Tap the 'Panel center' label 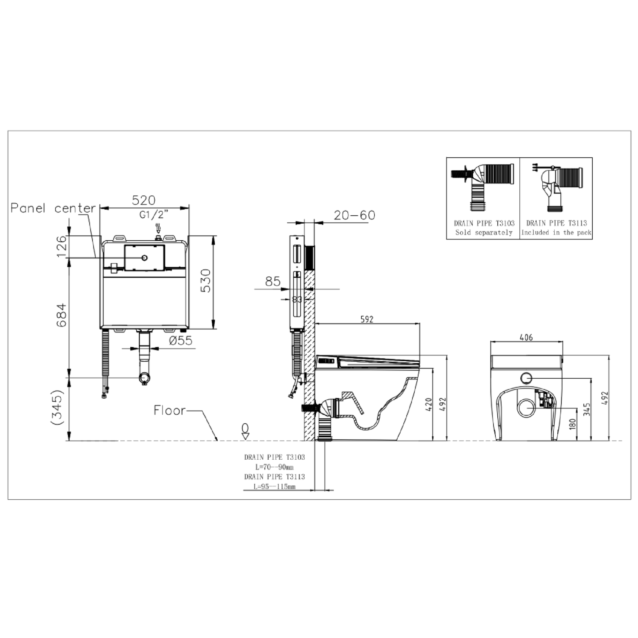click(x=53, y=209)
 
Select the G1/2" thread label click(x=153, y=215)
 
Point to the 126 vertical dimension click(x=62, y=247)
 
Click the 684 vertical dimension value click(x=62, y=315)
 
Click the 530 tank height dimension click(x=206, y=281)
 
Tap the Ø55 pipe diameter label click(x=180, y=340)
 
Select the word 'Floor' click(x=169, y=410)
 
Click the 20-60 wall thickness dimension click(x=354, y=215)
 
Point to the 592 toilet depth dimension click(x=367, y=319)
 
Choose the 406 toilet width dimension click(x=526, y=337)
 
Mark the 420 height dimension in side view click(x=428, y=404)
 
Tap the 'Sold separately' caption click(x=484, y=232)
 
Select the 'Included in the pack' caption click(x=556, y=232)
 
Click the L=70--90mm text click(x=274, y=467)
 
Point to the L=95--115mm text click(x=274, y=487)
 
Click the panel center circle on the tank click(x=144, y=258)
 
